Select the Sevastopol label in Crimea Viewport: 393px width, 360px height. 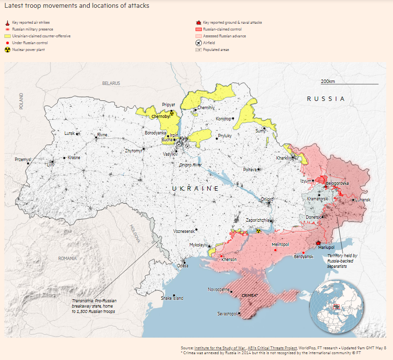(x=228, y=314)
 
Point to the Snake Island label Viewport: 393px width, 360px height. (x=172, y=298)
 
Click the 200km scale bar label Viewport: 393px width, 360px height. (x=328, y=81)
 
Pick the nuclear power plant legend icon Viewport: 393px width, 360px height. (x=7, y=50)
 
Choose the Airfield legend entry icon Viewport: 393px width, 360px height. (x=198, y=43)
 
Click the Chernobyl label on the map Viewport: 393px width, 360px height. (x=160, y=116)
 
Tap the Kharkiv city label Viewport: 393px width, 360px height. (x=283, y=158)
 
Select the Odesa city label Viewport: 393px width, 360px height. (x=182, y=265)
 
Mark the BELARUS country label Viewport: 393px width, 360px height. (x=111, y=83)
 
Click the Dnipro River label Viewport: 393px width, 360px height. (x=190, y=165)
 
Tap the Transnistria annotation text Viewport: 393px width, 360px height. (x=94, y=306)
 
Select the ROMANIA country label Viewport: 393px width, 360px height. (x=67, y=259)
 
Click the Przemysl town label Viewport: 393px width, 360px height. (x=23, y=159)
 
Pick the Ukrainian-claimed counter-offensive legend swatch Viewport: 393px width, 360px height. (x=7, y=36)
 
